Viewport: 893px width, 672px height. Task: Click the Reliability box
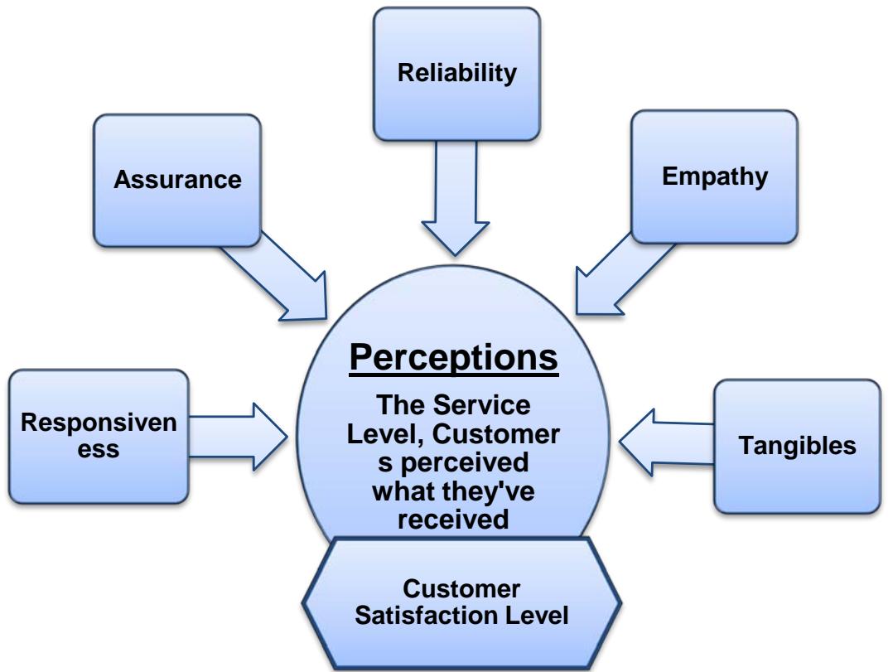point(456,72)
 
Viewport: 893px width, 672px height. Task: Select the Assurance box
point(176,180)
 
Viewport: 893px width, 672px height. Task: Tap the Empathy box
point(714,176)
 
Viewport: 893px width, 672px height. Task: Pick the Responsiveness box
point(99,436)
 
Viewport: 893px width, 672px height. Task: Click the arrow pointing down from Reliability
point(456,199)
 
